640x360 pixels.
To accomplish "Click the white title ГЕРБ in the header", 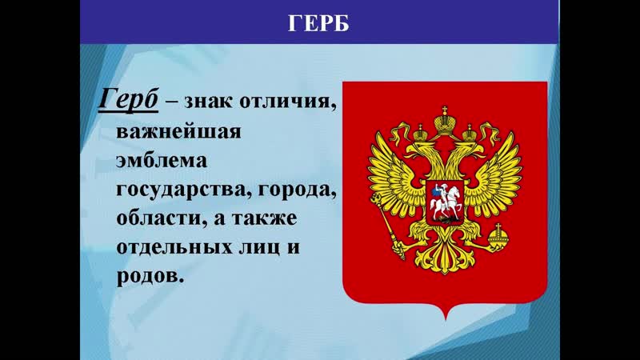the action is [318, 23].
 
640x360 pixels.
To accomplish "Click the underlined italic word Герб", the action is [128, 99].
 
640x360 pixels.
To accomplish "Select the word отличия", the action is [288, 101].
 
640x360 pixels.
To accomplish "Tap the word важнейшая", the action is [178, 131].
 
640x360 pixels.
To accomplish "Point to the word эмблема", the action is [162, 161].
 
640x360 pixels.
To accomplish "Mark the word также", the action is [264, 218].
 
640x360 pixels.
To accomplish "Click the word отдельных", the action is [174, 247].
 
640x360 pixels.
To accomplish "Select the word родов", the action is [148, 276].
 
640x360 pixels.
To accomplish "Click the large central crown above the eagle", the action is [445, 122].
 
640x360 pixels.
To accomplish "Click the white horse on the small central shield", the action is [445, 204].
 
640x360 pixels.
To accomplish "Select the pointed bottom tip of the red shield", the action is [445, 319].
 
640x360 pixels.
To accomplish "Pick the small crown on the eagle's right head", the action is [470, 133].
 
